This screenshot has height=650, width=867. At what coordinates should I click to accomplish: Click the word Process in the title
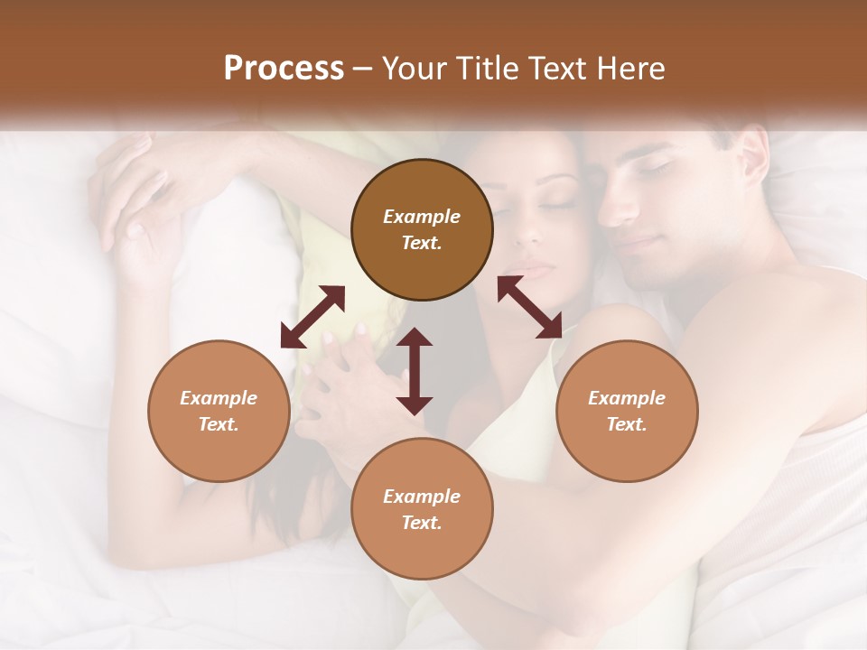[x=284, y=69]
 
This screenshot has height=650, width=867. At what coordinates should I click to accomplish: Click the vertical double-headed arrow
[x=415, y=371]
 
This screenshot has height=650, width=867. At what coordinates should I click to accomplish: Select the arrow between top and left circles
[x=312, y=317]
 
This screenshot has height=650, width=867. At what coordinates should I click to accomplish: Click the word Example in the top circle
[x=422, y=217]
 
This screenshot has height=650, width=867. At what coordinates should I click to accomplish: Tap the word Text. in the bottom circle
[x=422, y=523]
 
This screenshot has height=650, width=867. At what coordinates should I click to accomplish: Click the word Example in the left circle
[x=219, y=398]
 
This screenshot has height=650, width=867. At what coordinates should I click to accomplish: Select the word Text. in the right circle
[x=627, y=424]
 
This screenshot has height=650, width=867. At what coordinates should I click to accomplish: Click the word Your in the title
[x=409, y=69]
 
